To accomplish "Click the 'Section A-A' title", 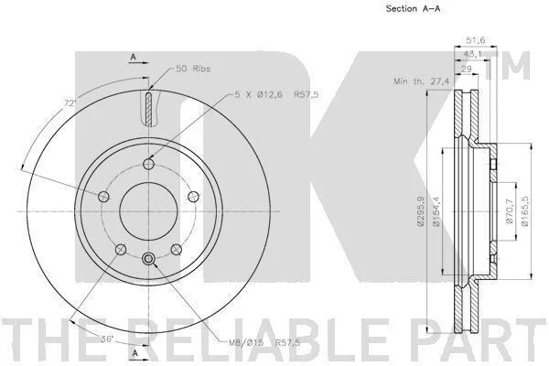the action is click(413, 9).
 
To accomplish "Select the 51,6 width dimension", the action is click(476, 40).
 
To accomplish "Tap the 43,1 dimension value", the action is click(472, 54).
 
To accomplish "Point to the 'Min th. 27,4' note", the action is click(422, 81).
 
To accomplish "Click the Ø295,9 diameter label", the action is click(421, 211).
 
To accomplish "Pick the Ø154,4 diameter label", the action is click(436, 211).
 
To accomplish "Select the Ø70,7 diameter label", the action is click(510, 211).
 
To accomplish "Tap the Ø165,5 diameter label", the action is click(524, 211).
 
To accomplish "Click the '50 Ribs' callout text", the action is click(193, 69).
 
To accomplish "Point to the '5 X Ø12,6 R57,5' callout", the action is click(276, 94).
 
